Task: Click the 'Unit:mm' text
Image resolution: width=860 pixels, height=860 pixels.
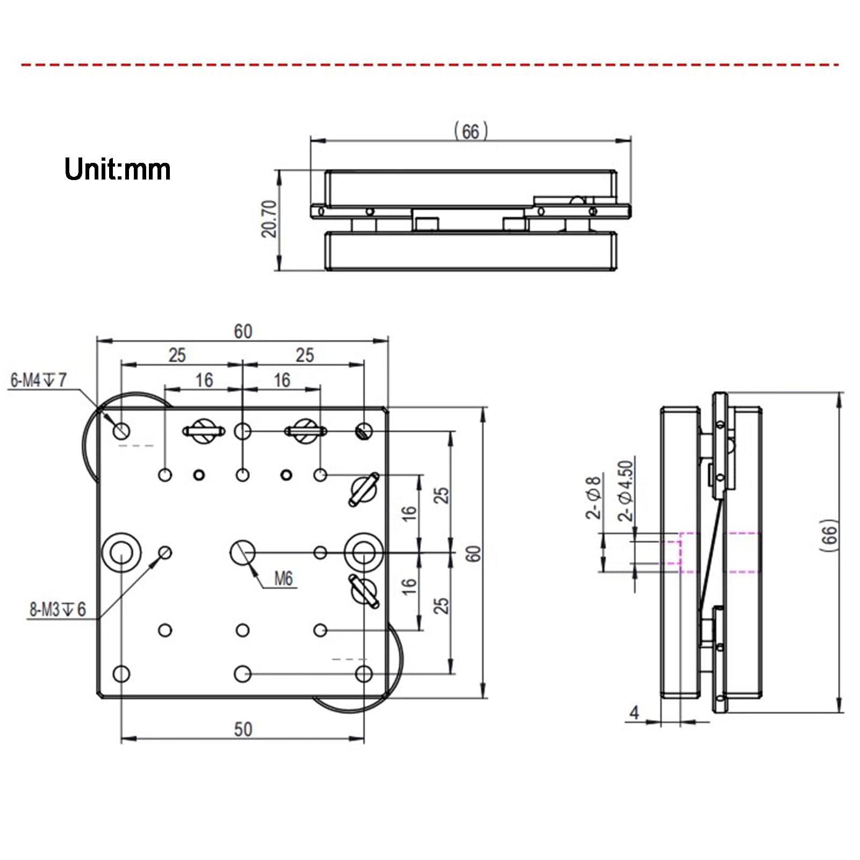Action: click(117, 169)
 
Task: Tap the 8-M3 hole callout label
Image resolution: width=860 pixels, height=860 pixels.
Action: click(58, 610)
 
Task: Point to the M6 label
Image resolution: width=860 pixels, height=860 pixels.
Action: click(283, 578)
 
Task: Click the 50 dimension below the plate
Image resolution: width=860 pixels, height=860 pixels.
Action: click(243, 729)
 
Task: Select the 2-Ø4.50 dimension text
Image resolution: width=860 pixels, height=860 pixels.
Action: click(626, 491)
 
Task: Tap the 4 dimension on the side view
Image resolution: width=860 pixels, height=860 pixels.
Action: click(635, 713)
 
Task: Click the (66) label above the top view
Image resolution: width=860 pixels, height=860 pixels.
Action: click(470, 131)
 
